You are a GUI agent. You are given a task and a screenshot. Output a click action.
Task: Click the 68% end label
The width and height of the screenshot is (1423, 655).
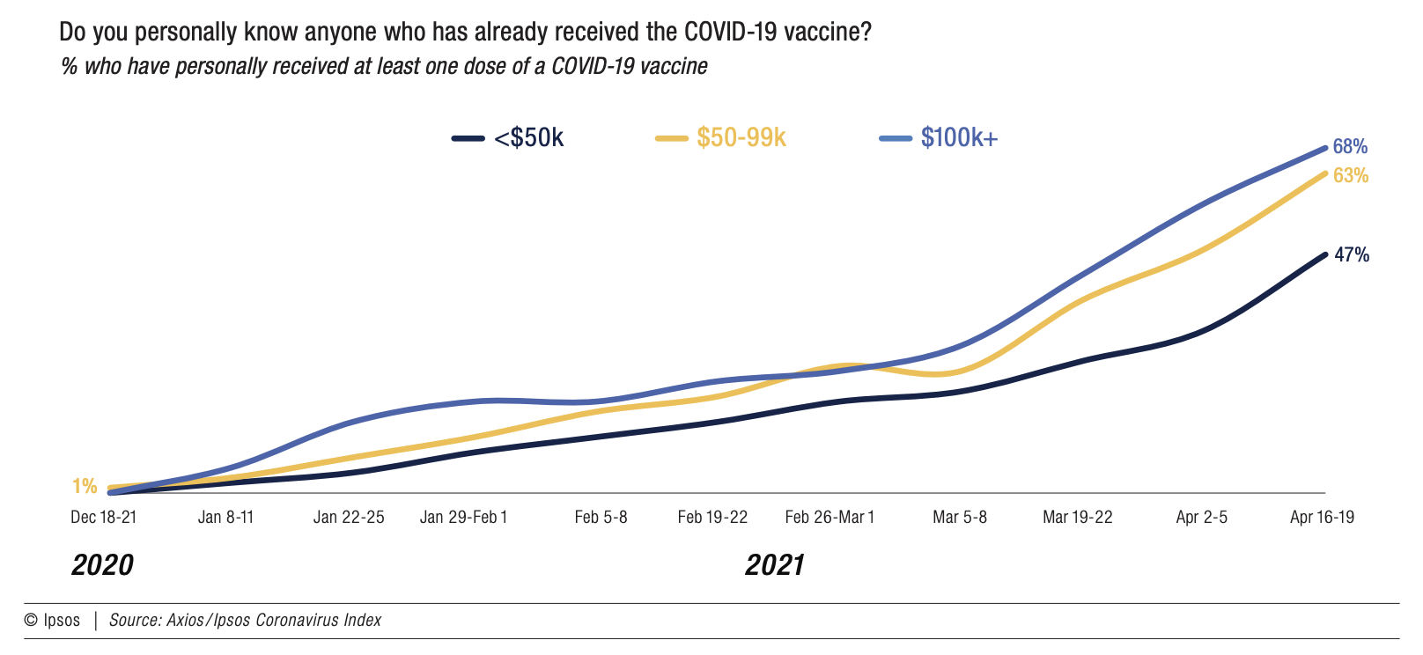(1350, 147)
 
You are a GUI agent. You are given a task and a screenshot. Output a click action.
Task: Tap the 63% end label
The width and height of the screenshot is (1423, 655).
(1351, 176)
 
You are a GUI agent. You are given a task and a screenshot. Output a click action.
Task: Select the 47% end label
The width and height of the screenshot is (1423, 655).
(1352, 255)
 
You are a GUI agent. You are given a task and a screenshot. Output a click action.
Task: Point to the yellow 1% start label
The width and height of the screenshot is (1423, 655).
(85, 486)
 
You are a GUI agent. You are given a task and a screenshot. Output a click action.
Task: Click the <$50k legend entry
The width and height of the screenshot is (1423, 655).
(528, 138)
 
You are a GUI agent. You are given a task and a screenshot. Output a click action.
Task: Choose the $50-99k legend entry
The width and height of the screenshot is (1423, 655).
(741, 138)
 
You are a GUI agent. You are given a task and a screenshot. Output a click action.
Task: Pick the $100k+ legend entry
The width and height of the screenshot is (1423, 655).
(959, 138)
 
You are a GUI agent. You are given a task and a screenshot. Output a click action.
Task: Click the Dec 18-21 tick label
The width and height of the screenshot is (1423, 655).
(104, 518)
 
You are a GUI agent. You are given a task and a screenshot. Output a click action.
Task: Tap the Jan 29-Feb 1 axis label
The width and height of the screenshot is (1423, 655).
(464, 518)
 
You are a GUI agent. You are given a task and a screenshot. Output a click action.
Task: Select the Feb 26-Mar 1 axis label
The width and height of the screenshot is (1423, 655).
(829, 518)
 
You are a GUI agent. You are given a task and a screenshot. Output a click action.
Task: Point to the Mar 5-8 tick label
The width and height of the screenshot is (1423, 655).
(960, 518)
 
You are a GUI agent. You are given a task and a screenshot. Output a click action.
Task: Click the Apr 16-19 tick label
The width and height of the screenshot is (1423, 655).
(1322, 518)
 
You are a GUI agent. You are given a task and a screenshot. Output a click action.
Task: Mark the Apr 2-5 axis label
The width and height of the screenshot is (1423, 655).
(1201, 518)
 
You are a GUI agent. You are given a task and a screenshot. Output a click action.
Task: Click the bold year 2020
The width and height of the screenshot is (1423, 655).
(102, 565)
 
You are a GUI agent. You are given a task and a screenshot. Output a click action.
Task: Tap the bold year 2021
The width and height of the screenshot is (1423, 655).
(775, 565)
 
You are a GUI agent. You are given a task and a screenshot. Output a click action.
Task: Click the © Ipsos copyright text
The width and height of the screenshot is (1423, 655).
(52, 621)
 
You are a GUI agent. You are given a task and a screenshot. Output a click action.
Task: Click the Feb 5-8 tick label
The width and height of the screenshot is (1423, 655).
(601, 518)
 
